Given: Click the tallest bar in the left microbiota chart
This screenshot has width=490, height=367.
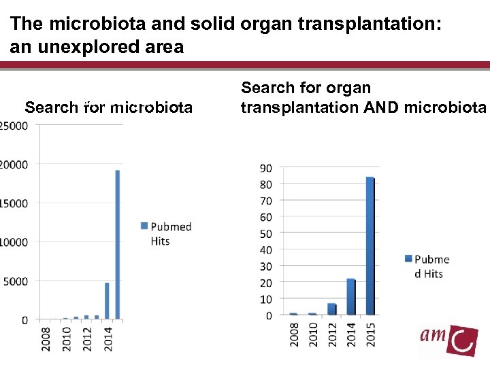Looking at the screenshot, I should pos(118,244).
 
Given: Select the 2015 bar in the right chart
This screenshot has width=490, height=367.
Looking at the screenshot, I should pos(370,246).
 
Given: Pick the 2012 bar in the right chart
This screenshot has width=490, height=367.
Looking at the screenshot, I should pos(331,309).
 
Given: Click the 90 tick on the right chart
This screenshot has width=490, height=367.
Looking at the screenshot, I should pos(265,168).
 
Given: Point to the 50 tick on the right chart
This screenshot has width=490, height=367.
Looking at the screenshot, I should pos(265,234).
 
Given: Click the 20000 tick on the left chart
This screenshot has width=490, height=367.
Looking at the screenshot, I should pos(14,164).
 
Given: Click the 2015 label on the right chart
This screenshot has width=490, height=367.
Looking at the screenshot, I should pos(370,334).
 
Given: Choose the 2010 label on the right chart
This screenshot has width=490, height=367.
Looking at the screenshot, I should pos(313,334).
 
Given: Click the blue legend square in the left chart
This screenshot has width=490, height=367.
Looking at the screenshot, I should pos(144,226).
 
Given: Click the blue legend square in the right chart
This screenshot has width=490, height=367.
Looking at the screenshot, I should pos(408,259).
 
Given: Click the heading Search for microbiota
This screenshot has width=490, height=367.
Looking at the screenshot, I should pos(109,107).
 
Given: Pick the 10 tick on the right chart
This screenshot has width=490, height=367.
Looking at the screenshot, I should pos(265,300).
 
